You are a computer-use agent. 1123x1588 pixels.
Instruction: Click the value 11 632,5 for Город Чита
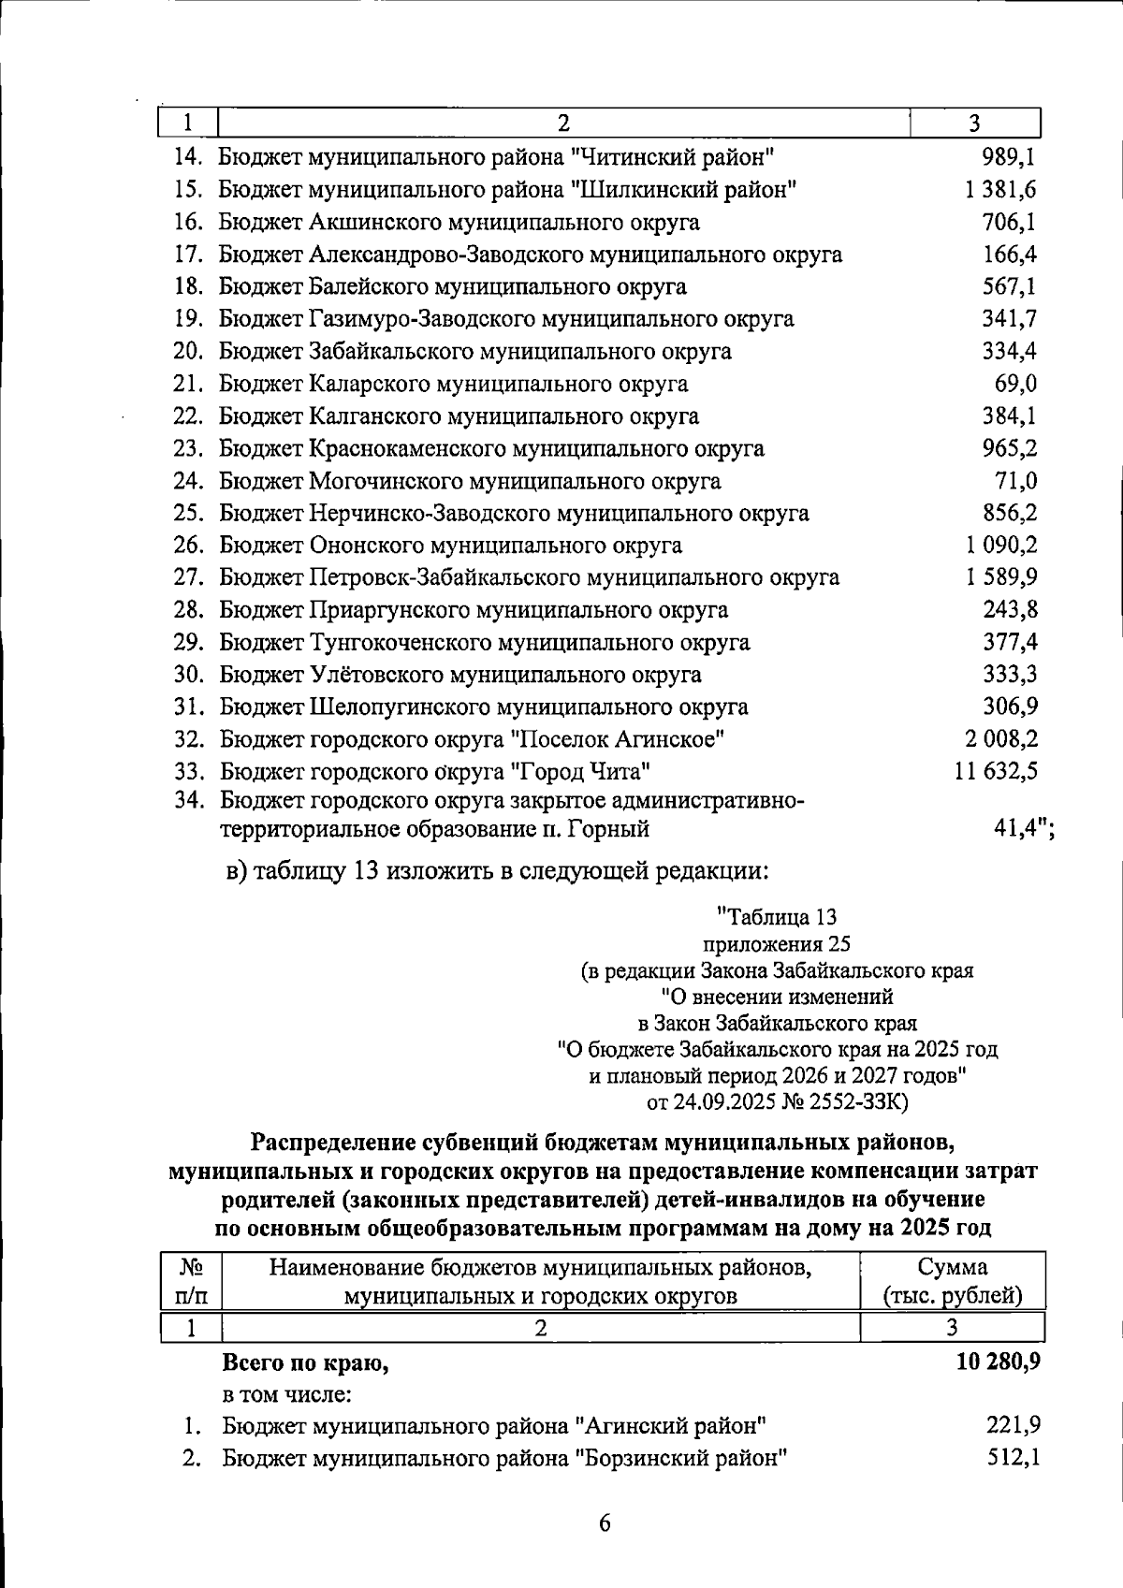tap(996, 771)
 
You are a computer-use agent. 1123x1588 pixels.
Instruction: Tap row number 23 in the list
tap(188, 448)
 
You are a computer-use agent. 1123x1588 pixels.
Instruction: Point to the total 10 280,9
tap(998, 1362)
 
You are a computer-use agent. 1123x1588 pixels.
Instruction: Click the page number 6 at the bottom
tap(605, 1523)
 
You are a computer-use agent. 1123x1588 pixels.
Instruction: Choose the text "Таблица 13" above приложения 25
tap(777, 917)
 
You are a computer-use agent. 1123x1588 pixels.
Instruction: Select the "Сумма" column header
tap(952, 1267)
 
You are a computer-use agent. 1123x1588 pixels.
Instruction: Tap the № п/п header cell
tap(191, 1281)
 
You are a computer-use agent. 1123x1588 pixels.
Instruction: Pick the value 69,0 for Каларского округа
tap(1015, 384)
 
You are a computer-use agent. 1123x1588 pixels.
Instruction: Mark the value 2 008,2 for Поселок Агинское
tap(1001, 739)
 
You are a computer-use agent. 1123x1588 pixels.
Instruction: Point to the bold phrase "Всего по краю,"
tap(305, 1363)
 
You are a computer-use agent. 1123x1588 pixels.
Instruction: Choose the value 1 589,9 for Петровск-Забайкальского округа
tap(1001, 577)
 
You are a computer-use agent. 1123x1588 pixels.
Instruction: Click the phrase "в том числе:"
tap(286, 1394)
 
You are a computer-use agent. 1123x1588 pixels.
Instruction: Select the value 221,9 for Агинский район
tap(1014, 1425)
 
